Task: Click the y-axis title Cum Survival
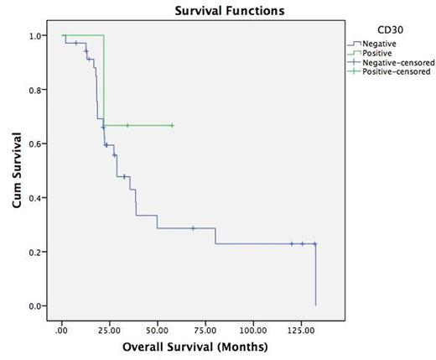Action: click(x=14, y=172)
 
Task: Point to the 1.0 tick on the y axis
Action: click(x=38, y=36)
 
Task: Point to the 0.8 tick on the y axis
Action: click(x=38, y=90)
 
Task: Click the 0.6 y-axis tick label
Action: click(x=38, y=144)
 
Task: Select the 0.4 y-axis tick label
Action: click(x=38, y=198)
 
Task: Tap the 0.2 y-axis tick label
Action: click(x=38, y=252)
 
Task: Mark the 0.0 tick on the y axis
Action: click(x=38, y=306)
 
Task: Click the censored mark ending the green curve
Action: click(x=172, y=125)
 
